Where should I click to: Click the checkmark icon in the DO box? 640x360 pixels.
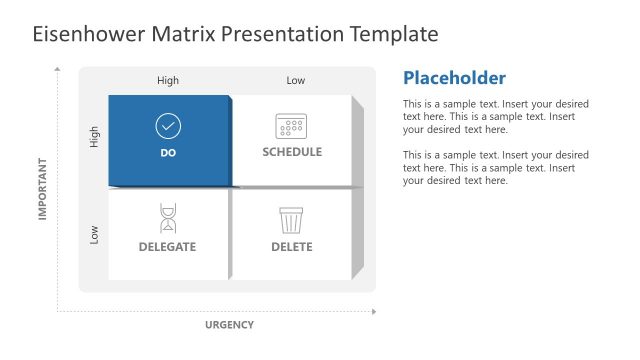click(168, 126)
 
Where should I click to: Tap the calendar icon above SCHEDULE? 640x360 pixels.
click(291, 126)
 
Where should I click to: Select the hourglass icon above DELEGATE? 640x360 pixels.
click(167, 218)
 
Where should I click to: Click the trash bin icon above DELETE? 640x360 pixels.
click(291, 219)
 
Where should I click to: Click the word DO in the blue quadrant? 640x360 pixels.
click(168, 153)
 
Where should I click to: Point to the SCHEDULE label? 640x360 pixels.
click(292, 152)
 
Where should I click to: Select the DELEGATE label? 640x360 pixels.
click(167, 247)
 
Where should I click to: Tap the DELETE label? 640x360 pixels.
click(291, 247)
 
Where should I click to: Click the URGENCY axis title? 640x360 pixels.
click(229, 325)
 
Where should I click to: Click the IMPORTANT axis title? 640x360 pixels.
click(43, 187)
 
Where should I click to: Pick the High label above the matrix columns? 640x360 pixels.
click(168, 80)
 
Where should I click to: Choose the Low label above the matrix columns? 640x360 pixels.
click(295, 80)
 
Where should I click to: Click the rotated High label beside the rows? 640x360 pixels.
click(95, 139)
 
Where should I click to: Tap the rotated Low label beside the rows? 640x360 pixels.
click(95, 235)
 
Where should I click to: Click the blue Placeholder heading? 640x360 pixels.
click(453, 78)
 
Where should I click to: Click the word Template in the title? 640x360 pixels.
click(393, 34)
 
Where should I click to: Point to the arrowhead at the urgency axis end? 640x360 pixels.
click(374, 311)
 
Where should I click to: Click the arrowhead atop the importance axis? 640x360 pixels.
click(58, 70)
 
